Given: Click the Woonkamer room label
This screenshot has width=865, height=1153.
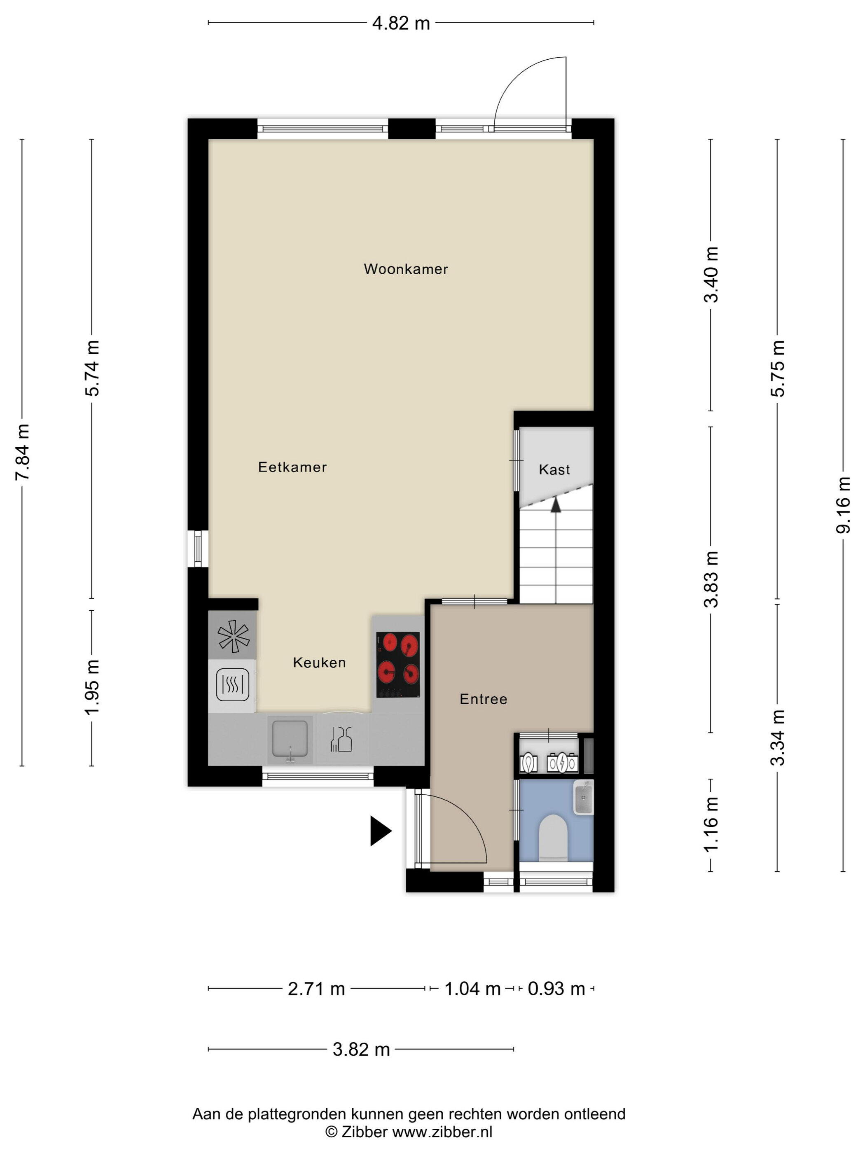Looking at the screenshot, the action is click(406, 269).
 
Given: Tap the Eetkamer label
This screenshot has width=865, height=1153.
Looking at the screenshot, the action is click(292, 467).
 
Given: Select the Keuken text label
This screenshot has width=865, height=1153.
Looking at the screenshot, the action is click(319, 663).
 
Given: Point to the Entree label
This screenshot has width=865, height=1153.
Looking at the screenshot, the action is click(483, 699).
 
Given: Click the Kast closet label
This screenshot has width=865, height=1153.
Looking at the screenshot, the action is click(554, 470).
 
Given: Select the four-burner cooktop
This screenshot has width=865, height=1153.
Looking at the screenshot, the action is click(398, 665).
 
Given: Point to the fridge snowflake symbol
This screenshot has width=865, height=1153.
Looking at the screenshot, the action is click(233, 636).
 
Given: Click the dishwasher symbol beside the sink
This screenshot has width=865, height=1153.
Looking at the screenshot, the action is click(341, 739).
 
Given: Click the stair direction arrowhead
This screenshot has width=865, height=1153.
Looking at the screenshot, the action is click(556, 504).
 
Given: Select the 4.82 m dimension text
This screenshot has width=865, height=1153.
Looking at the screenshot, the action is click(401, 23).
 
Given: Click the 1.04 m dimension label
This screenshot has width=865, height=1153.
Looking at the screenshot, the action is click(472, 988).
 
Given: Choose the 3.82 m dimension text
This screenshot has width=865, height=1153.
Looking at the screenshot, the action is click(361, 1049).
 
